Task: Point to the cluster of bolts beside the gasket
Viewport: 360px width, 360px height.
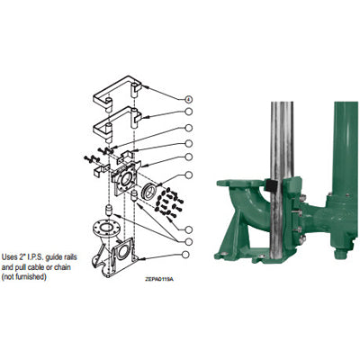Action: coord(168,205)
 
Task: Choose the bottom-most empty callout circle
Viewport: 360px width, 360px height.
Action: coord(189,240)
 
